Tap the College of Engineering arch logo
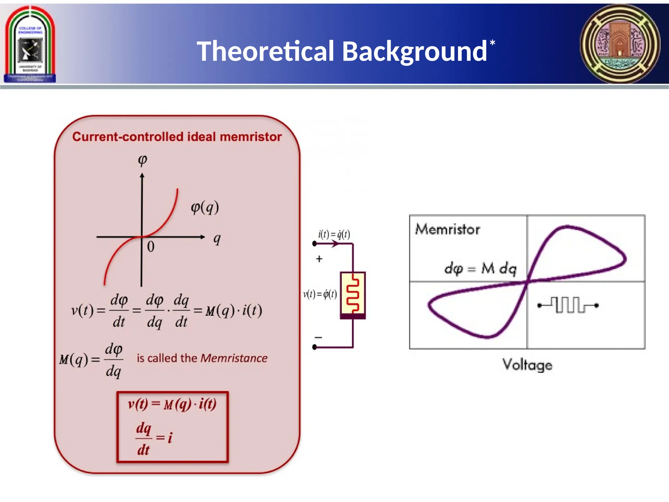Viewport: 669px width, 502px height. click(x=30, y=44)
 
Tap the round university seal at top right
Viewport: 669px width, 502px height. click(x=620, y=44)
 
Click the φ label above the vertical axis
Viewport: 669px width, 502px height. click(x=142, y=160)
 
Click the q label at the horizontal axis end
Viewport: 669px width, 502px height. click(x=217, y=239)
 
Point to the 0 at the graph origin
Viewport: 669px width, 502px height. click(x=151, y=247)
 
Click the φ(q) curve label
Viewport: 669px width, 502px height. click(x=205, y=207)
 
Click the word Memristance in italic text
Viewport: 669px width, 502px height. click(x=234, y=358)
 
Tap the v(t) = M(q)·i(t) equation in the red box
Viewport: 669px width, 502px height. click(x=172, y=405)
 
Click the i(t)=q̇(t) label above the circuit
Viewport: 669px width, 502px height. click(x=334, y=234)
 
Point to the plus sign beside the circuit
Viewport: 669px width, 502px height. click(x=319, y=259)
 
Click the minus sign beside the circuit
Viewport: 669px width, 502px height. click(x=318, y=337)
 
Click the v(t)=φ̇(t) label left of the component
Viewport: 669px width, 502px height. click(x=320, y=294)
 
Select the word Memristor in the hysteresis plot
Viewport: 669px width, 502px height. click(x=447, y=229)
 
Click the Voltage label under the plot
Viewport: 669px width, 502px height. click(x=527, y=365)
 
